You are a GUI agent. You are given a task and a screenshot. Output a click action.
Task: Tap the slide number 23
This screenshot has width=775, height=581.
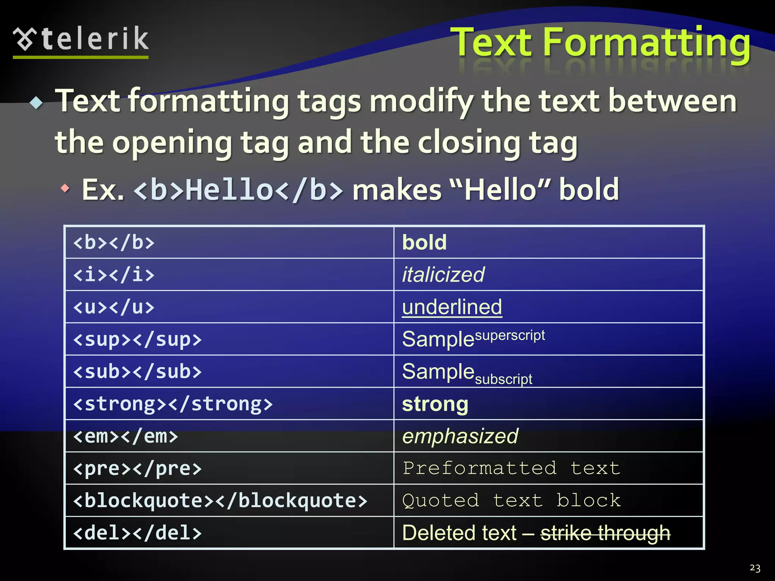(x=755, y=568)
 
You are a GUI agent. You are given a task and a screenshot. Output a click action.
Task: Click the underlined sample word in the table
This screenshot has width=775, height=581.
(x=452, y=307)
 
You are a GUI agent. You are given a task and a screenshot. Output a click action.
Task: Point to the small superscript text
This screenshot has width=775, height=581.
(x=510, y=335)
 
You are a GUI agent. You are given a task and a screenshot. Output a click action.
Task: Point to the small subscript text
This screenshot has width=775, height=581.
(x=503, y=379)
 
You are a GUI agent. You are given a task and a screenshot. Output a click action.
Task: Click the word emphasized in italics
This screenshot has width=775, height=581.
(x=460, y=436)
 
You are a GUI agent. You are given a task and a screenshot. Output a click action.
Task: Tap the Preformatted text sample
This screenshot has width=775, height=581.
(x=511, y=468)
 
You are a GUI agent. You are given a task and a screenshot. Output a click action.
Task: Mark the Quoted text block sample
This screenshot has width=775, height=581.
(x=511, y=501)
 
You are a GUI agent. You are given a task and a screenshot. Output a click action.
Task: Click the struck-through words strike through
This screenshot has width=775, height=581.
(x=605, y=533)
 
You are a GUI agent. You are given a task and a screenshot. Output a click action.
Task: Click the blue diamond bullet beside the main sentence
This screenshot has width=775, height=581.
(x=36, y=103)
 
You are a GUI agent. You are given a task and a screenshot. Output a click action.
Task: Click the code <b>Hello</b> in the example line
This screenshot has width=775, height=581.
(x=239, y=190)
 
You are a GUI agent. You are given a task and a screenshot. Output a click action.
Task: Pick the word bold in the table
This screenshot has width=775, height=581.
(x=424, y=242)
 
